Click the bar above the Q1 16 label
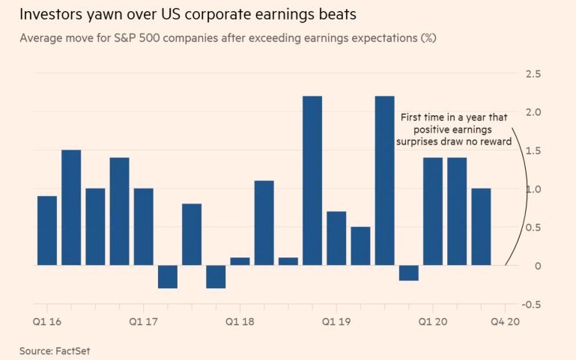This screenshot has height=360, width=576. coord(47,231)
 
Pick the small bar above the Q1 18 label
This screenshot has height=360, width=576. coord(240,261)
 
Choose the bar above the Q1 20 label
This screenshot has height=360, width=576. coord(432,211)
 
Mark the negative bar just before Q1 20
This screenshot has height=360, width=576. coord(408,273)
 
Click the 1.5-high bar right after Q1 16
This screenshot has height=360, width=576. coord(71,207)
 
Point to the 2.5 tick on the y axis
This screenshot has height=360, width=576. coord(533,73)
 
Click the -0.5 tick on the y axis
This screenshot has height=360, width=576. coord(532,304)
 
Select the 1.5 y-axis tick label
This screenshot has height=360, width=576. coord(533,150)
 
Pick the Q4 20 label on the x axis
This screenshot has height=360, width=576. coord(504,321)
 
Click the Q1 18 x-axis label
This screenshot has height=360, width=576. coord(240,321)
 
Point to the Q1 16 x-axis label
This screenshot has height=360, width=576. coord(47,321)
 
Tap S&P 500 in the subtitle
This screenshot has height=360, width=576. coord(157,37)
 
